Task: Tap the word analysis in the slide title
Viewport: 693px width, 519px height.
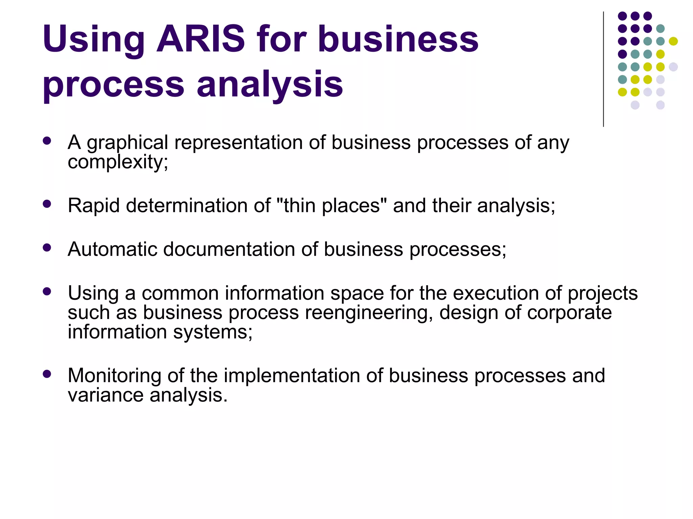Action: coord(270,84)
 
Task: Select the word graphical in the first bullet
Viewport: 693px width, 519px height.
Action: coord(127,143)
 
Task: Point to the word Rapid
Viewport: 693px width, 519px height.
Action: coord(94,206)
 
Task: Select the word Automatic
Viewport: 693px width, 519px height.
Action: coord(112,249)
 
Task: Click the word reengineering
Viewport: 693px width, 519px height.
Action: coord(368,313)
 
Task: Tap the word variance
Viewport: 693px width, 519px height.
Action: coord(106,395)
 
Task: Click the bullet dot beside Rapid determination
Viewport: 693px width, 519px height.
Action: coord(47,204)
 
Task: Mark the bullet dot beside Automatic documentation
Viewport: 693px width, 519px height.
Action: coord(47,248)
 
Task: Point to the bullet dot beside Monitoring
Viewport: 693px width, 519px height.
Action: coord(47,374)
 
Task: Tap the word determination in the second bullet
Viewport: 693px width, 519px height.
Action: coord(198,206)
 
